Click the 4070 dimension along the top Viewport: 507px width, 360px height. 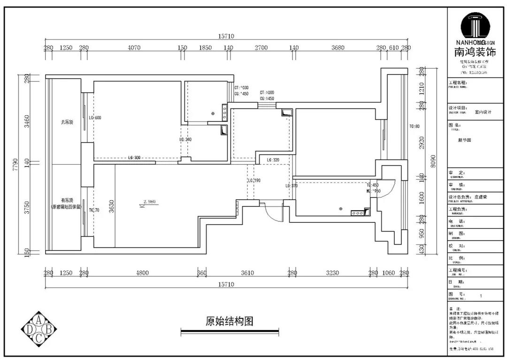coord(134,47)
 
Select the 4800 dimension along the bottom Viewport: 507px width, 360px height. coord(142,273)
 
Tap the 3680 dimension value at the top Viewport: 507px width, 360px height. coord(338,47)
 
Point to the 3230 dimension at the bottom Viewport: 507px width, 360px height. coord(332,273)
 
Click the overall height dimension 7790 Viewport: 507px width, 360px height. coord(15,164)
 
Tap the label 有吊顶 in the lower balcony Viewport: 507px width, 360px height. coord(66,199)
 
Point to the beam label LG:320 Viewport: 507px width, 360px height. coord(273,160)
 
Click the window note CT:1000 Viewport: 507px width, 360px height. coord(267,93)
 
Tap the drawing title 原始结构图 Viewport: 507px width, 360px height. coord(230,322)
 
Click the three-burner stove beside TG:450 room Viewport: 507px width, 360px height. coord(357,213)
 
